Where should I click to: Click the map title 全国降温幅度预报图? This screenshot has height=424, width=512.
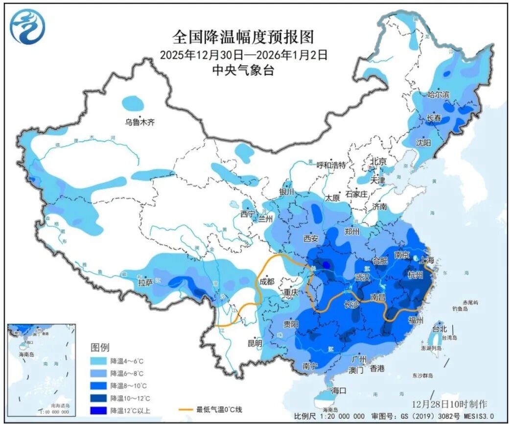[x=243, y=37]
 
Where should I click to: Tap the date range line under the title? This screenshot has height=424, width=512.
[x=243, y=54]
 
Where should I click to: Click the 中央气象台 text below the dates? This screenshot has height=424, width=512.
[x=243, y=70]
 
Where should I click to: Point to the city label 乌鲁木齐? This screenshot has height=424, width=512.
[x=139, y=122]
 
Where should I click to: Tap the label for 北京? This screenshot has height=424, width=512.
[x=378, y=162]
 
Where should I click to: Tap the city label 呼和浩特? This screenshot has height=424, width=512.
[x=331, y=165]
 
